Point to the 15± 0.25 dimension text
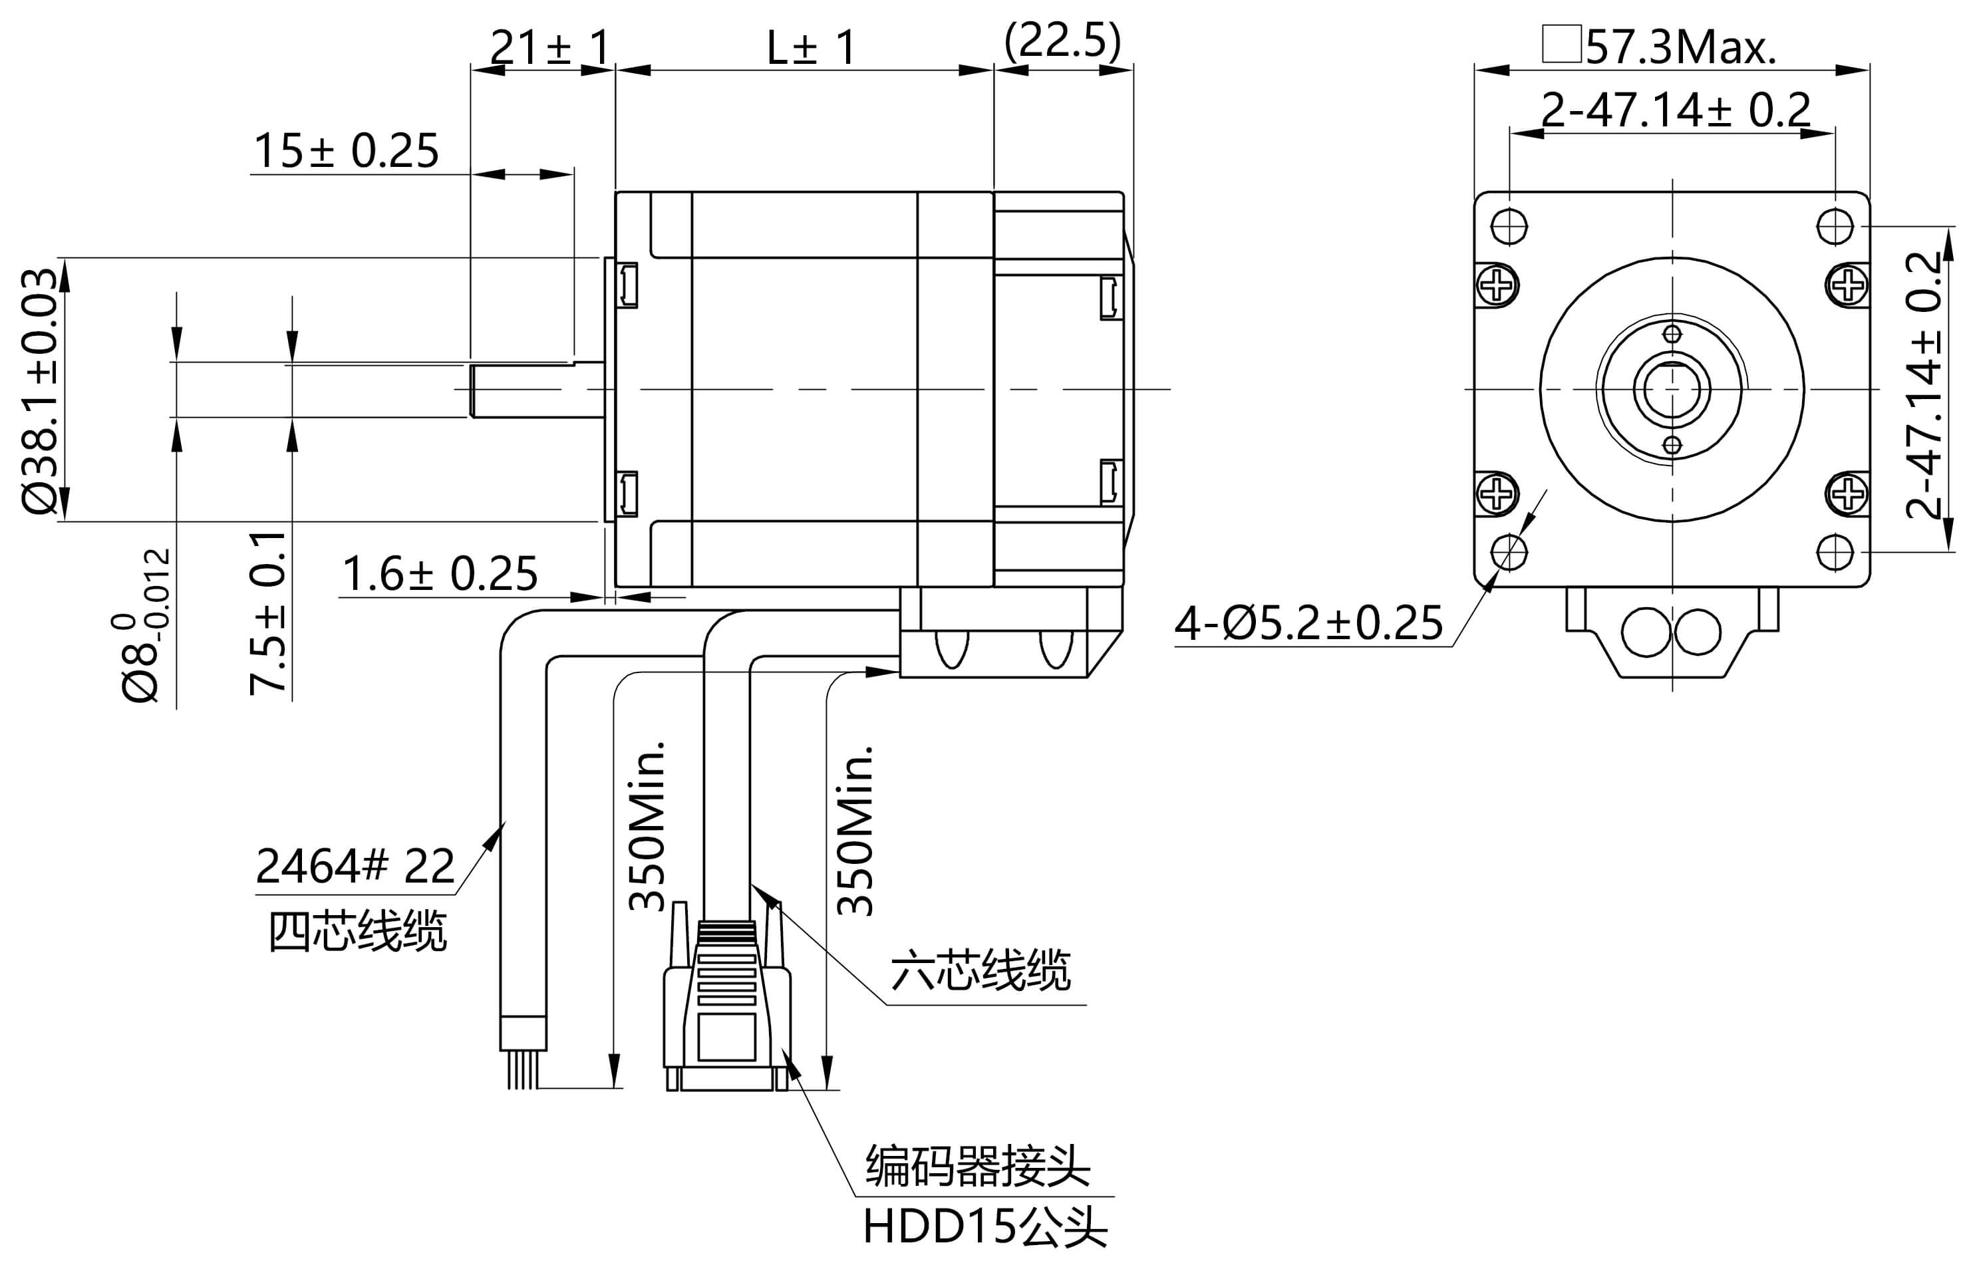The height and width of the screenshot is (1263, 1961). [346, 151]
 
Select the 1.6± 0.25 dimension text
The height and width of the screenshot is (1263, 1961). [440, 573]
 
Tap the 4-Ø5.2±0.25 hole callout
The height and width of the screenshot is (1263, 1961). [1308, 623]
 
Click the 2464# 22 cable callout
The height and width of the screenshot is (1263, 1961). [355, 866]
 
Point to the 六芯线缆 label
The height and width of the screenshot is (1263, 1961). [980, 971]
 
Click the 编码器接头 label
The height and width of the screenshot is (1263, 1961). [978, 1165]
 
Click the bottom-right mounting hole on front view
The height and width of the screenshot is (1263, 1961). [1835, 552]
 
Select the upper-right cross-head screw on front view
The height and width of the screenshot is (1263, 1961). [1848, 285]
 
